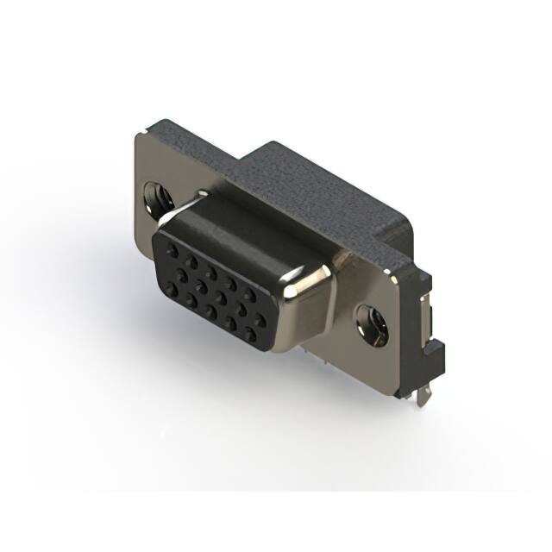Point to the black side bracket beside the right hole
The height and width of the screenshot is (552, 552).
tap(435, 345)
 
